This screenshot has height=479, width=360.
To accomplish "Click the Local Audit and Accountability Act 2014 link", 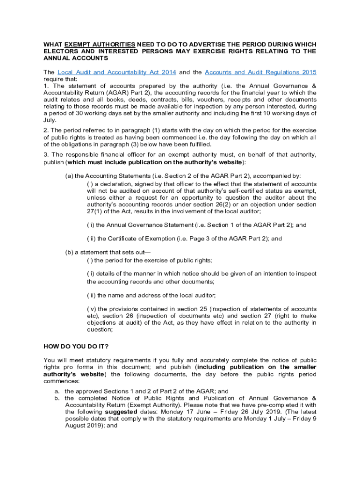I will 116,73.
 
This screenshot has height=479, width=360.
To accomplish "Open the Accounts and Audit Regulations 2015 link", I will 260,73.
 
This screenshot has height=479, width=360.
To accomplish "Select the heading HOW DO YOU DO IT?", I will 76,347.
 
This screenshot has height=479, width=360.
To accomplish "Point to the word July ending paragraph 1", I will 50,120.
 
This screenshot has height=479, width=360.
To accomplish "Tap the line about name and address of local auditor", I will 151,295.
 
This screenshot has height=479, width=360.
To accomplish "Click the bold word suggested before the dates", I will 121,412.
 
